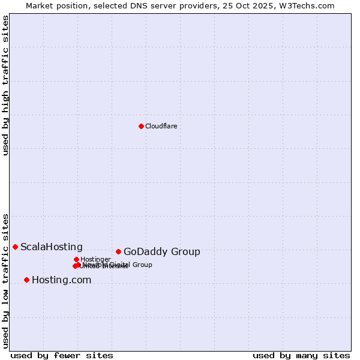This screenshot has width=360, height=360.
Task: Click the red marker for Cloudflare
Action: (141, 126)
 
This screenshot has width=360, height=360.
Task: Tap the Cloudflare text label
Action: (161, 126)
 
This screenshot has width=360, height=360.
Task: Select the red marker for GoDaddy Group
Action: (118, 251)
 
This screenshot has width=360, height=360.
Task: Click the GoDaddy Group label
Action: (161, 252)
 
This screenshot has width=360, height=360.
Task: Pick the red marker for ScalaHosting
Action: (15, 247)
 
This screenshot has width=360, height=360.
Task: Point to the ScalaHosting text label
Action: (52, 247)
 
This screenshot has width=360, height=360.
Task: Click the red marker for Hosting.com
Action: (26, 280)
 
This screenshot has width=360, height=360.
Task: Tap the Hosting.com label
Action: (61, 280)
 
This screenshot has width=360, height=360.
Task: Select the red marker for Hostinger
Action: (76, 259)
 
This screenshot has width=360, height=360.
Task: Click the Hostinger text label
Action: (95, 259)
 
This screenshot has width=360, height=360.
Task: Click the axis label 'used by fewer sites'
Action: (62, 355)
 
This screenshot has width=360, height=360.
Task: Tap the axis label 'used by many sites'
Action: (301, 355)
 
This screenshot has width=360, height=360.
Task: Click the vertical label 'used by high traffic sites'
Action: (5, 85)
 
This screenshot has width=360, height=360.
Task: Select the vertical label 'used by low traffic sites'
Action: (5, 280)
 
